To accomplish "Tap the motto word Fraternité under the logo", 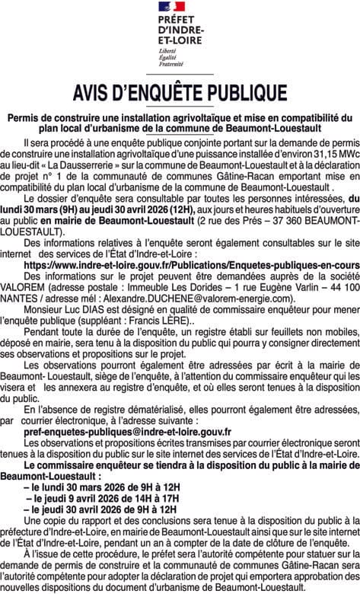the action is click(171, 65).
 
